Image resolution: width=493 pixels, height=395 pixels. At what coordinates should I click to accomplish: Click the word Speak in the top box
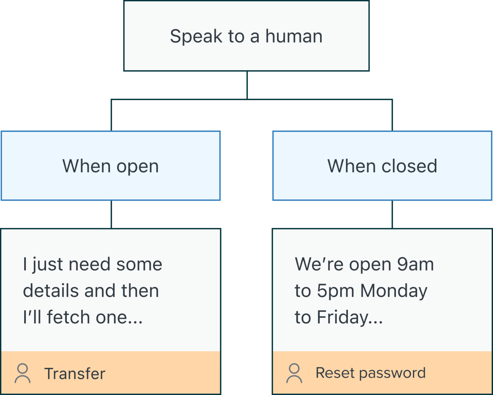coord(196,37)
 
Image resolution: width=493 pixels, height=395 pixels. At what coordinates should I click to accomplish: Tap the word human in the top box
coord(294,36)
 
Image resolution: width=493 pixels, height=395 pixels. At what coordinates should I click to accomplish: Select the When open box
coord(111,166)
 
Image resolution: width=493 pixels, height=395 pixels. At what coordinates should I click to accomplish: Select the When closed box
coord(382,166)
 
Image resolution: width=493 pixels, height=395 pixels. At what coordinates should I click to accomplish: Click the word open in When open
coord(137,167)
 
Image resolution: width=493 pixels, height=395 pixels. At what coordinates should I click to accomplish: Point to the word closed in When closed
coord(409,166)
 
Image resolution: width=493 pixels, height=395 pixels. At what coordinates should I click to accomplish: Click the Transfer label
coord(75,373)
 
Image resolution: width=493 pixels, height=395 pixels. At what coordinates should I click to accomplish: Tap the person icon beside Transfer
coord(23,373)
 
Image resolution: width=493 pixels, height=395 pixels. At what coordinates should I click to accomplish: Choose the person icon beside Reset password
coord(294,373)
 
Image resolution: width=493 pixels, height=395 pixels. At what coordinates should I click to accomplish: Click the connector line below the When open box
coord(111,214)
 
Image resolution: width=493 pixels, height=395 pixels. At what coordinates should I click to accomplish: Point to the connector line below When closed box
coord(392,214)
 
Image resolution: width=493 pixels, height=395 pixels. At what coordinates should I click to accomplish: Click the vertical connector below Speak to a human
coord(247,85)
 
